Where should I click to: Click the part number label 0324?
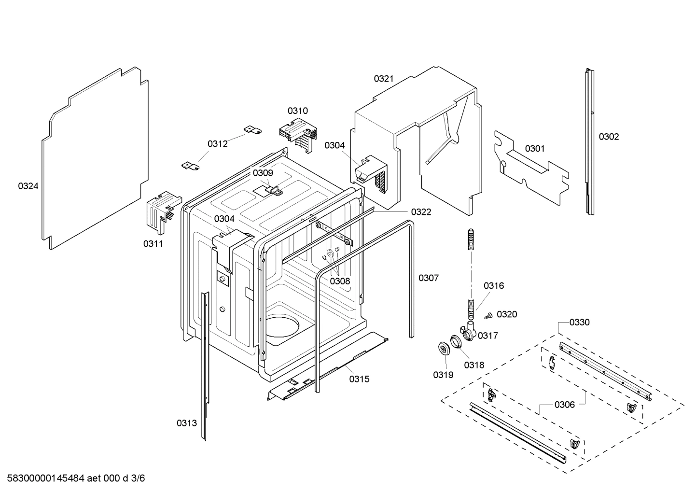[x=28, y=186]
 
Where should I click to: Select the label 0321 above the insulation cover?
[x=384, y=79]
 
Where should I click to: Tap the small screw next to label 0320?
[x=487, y=316]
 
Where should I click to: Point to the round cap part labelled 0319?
[x=443, y=349]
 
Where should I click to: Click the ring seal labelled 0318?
[x=456, y=341]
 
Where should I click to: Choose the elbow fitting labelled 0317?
[x=469, y=332]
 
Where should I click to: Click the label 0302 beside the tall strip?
[x=609, y=137]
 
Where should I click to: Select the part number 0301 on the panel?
[x=534, y=148]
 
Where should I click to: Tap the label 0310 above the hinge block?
[x=298, y=111]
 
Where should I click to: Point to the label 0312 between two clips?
[x=218, y=143]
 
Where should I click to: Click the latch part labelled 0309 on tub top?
[x=275, y=188]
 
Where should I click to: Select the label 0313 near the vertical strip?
[x=186, y=423]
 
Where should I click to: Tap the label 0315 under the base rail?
[x=359, y=379]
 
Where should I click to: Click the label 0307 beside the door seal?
[x=428, y=278]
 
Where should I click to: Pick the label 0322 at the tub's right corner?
[x=421, y=211]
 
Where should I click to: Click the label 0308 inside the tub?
[x=340, y=281]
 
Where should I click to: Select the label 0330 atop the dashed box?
[x=579, y=322]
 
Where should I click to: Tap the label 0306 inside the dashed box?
[x=564, y=405]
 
